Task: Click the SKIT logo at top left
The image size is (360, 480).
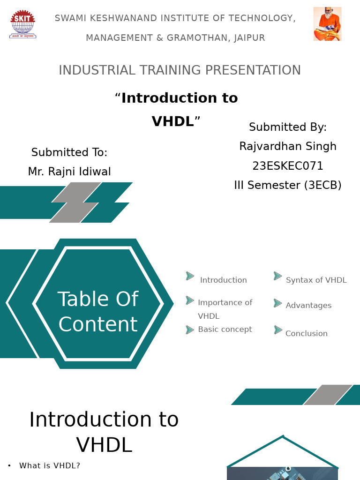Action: coord(22,24)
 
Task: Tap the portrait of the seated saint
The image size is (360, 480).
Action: coord(327,24)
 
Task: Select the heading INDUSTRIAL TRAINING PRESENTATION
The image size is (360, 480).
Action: coord(180,70)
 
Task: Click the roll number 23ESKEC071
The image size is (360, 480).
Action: coord(288,166)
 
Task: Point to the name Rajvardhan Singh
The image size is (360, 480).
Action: coord(288,146)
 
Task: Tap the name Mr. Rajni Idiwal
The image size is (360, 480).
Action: coord(69,172)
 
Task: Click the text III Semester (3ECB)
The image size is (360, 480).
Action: coord(288,185)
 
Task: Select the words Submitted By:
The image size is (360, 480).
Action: coord(288,127)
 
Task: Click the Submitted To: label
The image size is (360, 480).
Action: coord(69,152)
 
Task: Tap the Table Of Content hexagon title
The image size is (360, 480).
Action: coord(98,312)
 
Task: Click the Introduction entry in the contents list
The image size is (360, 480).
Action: coord(223,280)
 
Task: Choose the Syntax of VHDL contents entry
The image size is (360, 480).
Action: coord(316,280)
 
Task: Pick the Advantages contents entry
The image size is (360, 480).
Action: coord(308,306)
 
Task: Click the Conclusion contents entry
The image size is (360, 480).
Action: coord(307,334)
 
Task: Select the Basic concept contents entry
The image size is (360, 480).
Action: coord(225,330)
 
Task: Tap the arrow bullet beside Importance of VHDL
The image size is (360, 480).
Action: coord(190,300)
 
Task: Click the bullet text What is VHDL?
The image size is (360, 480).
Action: coord(50,466)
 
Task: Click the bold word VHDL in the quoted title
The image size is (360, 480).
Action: coord(172,122)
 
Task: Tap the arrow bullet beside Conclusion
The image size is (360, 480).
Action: coord(278,330)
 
